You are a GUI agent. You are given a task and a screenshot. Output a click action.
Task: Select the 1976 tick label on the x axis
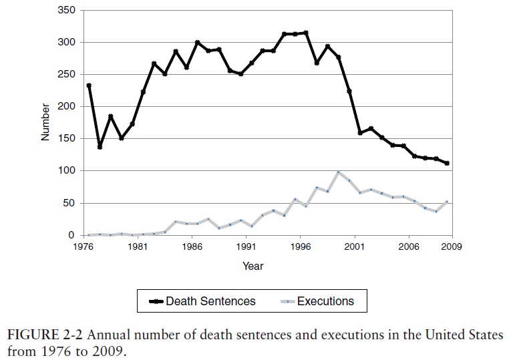[x=83, y=246]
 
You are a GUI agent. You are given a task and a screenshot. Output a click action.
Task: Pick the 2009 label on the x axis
[x=451, y=246]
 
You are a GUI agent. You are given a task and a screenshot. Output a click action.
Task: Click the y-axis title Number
[x=45, y=123]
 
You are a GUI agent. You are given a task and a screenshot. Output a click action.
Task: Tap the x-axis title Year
[x=252, y=266]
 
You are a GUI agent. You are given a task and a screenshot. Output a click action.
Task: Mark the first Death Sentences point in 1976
[x=89, y=85]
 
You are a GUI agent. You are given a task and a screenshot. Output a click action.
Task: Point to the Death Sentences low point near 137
[x=100, y=147]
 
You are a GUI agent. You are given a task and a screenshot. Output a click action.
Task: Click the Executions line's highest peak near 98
[x=338, y=172]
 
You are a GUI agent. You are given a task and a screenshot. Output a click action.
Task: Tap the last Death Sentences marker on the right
[x=446, y=163]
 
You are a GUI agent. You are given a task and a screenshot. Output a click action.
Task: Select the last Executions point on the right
[x=446, y=202]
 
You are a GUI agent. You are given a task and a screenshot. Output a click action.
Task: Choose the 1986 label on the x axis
[x=192, y=246]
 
